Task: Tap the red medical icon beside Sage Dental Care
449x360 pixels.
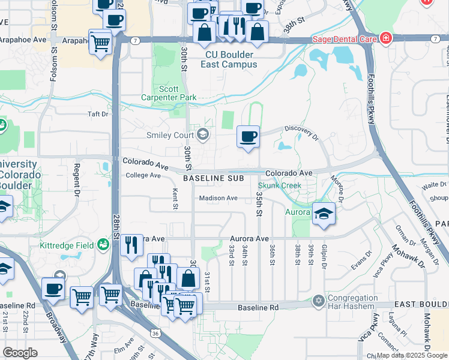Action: pyautogui.click(x=385, y=40)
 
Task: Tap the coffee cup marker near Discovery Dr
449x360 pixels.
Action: pyautogui.click(x=248, y=137)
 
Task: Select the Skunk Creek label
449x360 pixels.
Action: pyautogui.click(x=280, y=186)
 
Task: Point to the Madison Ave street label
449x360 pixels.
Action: pyautogui.click(x=218, y=198)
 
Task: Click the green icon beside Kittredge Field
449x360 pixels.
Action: pyautogui.click(x=104, y=245)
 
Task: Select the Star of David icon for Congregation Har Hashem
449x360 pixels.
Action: pyautogui.click(x=319, y=299)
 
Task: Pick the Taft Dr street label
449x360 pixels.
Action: pyautogui.click(x=98, y=113)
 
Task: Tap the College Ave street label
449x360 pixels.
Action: pyautogui.click(x=143, y=175)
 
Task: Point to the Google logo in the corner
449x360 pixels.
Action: pyautogui.click(x=20, y=353)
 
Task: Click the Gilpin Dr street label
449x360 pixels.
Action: pyautogui.click(x=324, y=254)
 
